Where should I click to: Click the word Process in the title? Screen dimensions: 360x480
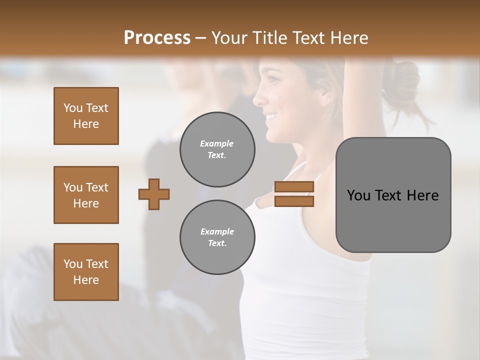tap(157, 38)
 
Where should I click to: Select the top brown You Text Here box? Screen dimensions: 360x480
tap(86, 116)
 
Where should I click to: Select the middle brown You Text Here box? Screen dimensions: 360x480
tap(86, 195)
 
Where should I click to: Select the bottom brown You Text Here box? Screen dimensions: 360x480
tap(86, 272)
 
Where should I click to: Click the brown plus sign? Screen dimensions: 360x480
tap(154, 194)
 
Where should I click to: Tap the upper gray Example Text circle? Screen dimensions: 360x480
tap(217, 149)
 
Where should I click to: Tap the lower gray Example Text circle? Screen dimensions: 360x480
tap(217, 237)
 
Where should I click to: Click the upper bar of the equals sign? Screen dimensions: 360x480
tap(294, 186)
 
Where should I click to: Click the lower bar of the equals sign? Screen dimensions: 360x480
tap(294, 201)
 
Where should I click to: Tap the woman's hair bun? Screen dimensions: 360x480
tap(402, 82)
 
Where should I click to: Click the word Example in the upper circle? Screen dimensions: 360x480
tap(217, 143)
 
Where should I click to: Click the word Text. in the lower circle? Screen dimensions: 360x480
tap(217, 243)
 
